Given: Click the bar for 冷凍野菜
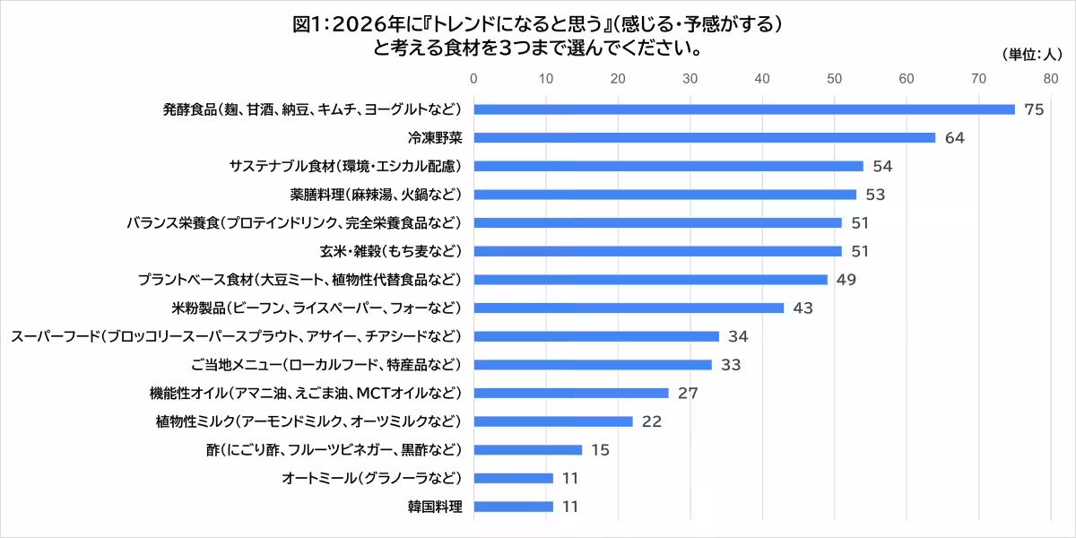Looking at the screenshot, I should click(704, 138).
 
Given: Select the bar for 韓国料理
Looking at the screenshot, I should click(513, 507).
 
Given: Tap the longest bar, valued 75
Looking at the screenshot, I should click(744, 109).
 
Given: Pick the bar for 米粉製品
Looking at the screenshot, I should click(629, 308).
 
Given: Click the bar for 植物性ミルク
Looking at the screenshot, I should click(553, 421).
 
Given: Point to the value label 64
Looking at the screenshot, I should click(954, 138).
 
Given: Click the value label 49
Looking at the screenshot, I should click(846, 280).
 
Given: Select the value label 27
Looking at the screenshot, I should click(687, 393).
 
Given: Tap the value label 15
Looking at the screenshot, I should click(600, 449).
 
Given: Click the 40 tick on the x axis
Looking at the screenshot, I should click(762, 79).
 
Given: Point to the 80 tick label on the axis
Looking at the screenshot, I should click(1051, 79).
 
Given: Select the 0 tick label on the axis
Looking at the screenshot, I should click(473, 79).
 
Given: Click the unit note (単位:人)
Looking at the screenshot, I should click(1029, 55).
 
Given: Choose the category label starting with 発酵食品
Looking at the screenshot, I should click(311, 109).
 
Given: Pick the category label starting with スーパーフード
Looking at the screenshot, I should click(236, 336).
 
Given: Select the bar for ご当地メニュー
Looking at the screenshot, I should click(593, 365).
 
